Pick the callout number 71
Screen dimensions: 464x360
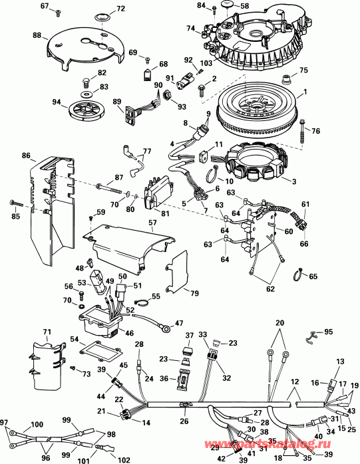point(47,332)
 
